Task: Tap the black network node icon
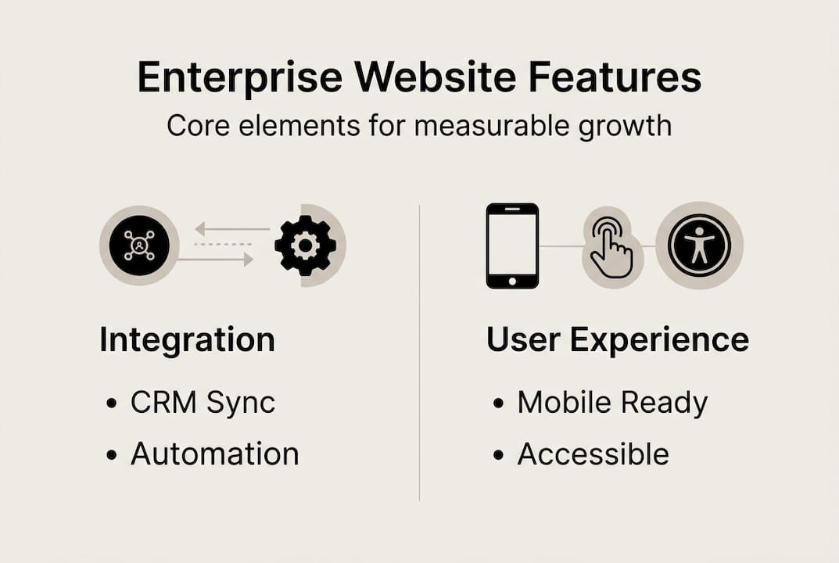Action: pos(138,246)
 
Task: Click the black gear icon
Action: pos(305,246)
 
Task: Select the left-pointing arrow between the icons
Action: pos(232,229)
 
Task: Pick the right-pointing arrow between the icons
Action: pos(216,260)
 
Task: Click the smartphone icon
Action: pos(512,246)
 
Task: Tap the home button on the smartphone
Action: pos(512,280)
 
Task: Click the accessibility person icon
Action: pos(699,246)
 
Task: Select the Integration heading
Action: pos(187,340)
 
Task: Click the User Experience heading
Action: pos(617,340)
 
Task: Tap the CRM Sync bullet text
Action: pos(203,403)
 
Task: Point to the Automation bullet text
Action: pos(214,454)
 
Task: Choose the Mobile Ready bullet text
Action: pos(612,403)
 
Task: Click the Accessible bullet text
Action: pos(593,454)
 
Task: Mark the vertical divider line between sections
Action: pos(420,352)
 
